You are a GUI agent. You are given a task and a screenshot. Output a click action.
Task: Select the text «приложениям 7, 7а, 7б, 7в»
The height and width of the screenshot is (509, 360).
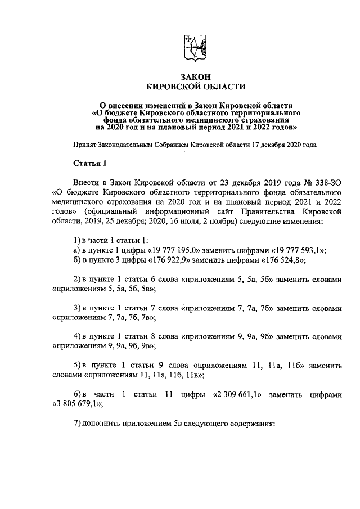[103, 318]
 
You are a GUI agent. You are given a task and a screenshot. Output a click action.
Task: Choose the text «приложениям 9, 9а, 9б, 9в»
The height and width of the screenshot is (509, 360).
[103, 346]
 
